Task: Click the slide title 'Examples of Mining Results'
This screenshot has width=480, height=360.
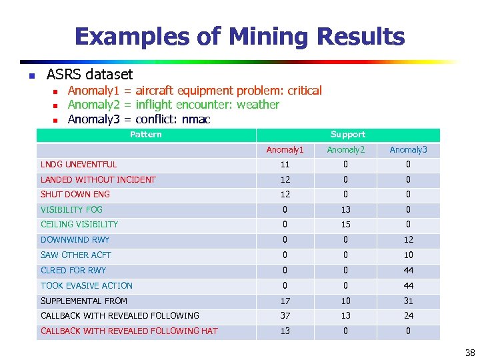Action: click(239, 36)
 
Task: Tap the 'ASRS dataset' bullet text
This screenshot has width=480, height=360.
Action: click(89, 74)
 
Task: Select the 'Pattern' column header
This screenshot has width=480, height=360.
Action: click(145, 135)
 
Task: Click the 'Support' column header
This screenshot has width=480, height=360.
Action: click(348, 135)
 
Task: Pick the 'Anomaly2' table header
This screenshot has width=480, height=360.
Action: click(346, 150)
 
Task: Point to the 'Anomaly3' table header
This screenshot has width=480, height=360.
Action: click(408, 150)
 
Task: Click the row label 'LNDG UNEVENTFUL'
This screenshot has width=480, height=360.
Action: click(79, 165)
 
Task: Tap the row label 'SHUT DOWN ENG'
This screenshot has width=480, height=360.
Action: click(75, 195)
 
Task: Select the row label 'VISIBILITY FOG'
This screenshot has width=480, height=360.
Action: click(71, 209)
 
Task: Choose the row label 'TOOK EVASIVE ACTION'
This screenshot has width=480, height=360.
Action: click(87, 285)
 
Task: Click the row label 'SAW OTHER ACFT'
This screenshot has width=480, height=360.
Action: click(76, 255)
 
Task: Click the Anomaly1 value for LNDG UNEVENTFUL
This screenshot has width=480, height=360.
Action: click(285, 165)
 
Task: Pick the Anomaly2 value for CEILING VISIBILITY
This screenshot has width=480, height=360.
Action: click(346, 225)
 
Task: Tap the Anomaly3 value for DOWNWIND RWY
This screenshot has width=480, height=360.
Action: click(408, 240)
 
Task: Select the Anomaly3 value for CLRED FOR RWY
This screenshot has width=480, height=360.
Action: click(408, 271)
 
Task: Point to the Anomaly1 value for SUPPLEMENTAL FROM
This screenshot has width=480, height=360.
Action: click(285, 301)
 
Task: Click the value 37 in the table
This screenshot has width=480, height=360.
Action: click(285, 316)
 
